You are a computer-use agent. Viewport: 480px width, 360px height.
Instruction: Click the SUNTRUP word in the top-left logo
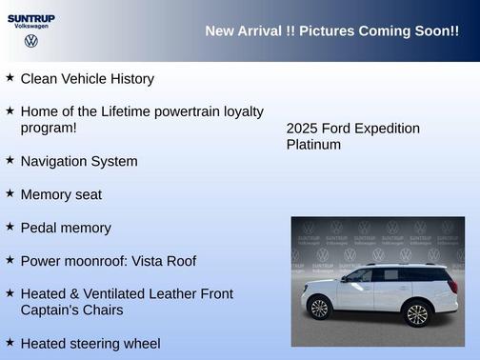pyautogui.click(x=31, y=17)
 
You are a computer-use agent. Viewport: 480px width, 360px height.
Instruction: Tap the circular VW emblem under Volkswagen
pyautogui.click(x=31, y=41)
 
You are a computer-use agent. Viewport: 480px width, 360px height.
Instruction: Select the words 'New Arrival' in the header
pyautogui.click(x=243, y=31)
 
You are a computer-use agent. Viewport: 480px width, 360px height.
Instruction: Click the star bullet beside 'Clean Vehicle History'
pyautogui.click(x=10, y=77)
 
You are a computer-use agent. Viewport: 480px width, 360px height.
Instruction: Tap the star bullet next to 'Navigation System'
pyautogui.click(x=10, y=160)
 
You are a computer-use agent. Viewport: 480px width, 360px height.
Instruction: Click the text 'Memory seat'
pyautogui.click(x=61, y=194)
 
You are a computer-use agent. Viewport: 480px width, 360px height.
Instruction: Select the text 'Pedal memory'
pyautogui.click(x=66, y=228)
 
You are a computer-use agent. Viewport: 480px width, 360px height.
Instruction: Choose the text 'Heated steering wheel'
pyautogui.click(x=90, y=343)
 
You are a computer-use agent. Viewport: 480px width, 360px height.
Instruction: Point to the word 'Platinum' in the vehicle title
pyautogui.click(x=313, y=145)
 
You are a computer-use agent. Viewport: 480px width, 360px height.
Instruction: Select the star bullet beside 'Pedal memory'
pyautogui.click(x=10, y=227)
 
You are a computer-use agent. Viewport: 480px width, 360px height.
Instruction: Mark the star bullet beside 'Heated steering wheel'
pyautogui.click(x=10, y=342)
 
